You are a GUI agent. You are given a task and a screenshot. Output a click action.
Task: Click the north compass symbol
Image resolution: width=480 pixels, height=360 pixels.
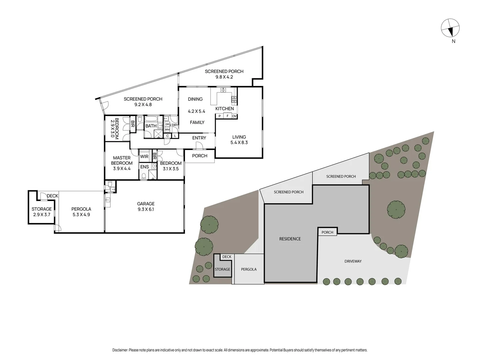[x=450, y=28]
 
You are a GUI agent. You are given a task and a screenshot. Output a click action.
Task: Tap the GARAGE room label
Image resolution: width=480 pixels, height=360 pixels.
[x=146, y=204]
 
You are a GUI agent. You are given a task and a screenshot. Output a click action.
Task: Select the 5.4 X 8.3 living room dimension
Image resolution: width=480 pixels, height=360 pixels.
[x=239, y=143]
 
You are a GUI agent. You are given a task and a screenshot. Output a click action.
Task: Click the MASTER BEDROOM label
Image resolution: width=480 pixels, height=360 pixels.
[x=122, y=160]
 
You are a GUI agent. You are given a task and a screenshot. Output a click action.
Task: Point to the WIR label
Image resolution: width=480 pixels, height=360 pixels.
[x=144, y=157]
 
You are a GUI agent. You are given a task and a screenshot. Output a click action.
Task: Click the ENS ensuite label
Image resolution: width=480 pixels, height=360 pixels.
[x=144, y=167]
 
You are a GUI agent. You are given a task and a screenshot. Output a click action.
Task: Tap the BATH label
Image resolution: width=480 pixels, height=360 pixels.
[x=151, y=126]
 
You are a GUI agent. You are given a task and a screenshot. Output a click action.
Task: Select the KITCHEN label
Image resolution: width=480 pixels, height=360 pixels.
[x=224, y=109]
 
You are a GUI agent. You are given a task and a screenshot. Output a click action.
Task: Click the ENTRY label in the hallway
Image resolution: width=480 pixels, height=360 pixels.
[x=199, y=138]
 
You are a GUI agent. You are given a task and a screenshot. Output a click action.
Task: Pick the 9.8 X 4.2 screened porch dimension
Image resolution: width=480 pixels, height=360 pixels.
[x=224, y=77]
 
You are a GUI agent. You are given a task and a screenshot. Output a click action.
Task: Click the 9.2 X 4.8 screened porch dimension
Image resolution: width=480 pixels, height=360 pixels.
[x=143, y=105]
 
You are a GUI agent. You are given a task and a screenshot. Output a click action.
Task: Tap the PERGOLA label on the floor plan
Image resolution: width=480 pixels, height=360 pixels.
[x=81, y=209]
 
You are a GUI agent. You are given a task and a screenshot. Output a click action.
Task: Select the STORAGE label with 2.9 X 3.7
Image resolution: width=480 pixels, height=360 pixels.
[x=42, y=209]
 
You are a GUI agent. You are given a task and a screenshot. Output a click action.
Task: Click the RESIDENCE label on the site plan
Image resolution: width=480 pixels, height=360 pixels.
[x=290, y=239]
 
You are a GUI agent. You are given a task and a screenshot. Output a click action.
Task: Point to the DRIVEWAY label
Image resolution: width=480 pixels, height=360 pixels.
[x=353, y=261]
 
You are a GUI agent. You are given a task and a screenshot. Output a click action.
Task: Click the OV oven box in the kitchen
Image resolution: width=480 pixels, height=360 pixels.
[x=234, y=116]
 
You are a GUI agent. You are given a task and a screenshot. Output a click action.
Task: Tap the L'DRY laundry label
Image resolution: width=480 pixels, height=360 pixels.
[x=174, y=125]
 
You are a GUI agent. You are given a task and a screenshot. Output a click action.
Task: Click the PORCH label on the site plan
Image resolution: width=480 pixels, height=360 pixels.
[x=327, y=232]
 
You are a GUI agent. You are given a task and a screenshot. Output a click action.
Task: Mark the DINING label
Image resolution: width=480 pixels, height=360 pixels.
[x=195, y=99]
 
